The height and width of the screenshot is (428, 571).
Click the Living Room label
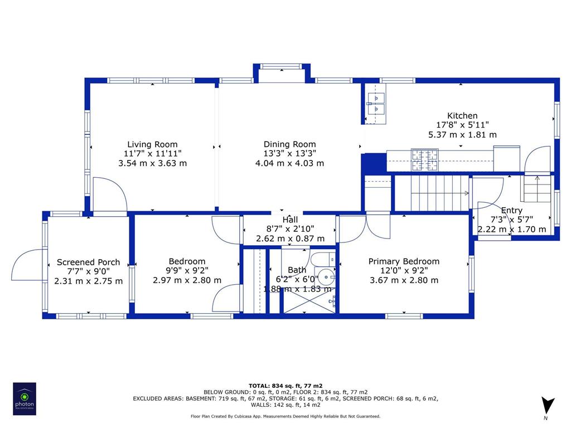[x=152, y=144]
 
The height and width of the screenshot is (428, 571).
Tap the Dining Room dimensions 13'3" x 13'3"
[x=289, y=154]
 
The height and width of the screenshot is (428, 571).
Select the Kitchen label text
[x=462, y=115]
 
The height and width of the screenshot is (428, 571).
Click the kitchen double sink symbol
[x=376, y=104]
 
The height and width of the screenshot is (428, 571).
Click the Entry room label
[x=511, y=210]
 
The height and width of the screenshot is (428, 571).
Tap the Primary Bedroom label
[x=404, y=261]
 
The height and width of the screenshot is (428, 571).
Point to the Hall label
[x=289, y=219]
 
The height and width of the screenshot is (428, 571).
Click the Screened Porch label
[x=88, y=262]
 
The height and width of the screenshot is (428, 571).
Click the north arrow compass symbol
[x=548, y=405]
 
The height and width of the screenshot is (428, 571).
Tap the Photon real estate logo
[x=25, y=398]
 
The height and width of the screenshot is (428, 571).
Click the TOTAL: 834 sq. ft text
[x=285, y=386]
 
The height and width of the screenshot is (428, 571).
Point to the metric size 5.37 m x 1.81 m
[x=462, y=134]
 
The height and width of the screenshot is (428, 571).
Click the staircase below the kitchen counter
[x=438, y=192]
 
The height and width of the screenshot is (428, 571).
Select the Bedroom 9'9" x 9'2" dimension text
[x=187, y=271]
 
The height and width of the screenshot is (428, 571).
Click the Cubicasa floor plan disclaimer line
[x=285, y=416]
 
